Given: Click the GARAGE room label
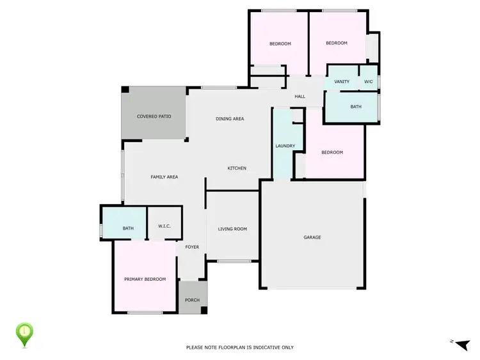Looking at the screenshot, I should [x=312, y=237].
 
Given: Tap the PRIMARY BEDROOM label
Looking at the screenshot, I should [x=145, y=279].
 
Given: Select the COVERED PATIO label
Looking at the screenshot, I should [x=154, y=116].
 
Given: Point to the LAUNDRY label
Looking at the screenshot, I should [x=285, y=146].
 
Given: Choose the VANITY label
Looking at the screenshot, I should [x=342, y=82].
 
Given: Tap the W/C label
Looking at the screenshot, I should [x=368, y=82].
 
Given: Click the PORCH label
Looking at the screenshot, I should [x=192, y=301].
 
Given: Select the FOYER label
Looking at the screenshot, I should [x=192, y=247].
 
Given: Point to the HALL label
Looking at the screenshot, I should [x=300, y=97].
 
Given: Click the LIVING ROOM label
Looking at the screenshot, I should [x=232, y=228].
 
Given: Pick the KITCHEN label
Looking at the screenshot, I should [x=237, y=168].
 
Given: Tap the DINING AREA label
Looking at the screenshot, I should [x=230, y=118].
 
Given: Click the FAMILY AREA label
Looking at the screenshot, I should [x=164, y=176].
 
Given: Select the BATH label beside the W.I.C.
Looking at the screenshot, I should [x=128, y=228].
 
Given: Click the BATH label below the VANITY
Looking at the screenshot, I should [x=356, y=107].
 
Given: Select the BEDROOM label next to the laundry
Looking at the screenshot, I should [x=332, y=152].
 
